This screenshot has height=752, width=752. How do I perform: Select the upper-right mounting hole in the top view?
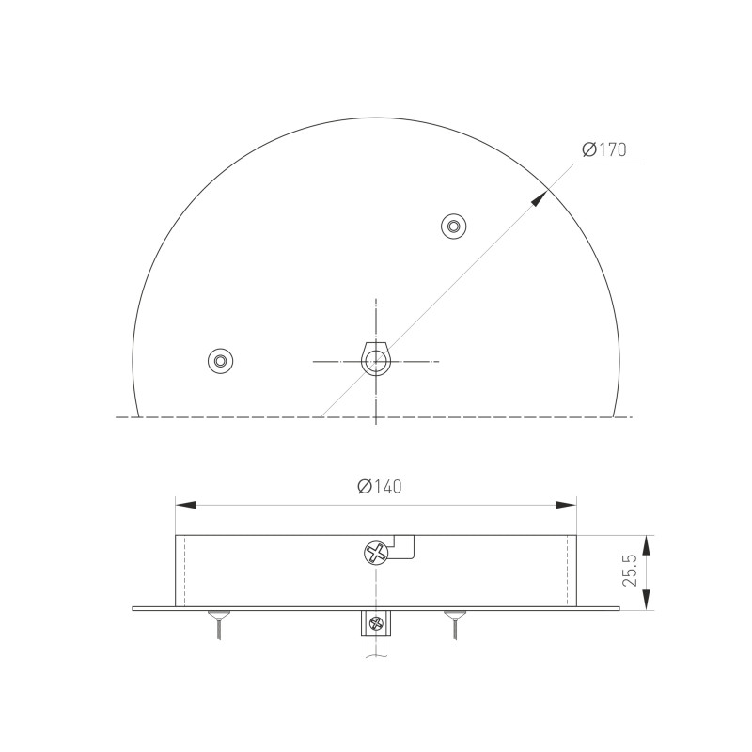[x=454, y=226]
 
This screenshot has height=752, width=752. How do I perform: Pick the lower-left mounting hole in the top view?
[x=220, y=360]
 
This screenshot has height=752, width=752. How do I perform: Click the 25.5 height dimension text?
[x=631, y=571]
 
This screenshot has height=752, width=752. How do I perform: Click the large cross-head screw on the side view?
[x=376, y=553]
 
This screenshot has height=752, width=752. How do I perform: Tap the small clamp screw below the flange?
[x=376, y=621]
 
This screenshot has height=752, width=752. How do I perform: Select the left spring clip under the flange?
[x=218, y=623]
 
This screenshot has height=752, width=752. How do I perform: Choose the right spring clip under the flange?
[x=454, y=623]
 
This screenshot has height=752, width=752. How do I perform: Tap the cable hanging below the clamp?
[x=376, y=649]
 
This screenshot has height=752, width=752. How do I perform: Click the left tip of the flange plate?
[x=134, y=608]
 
